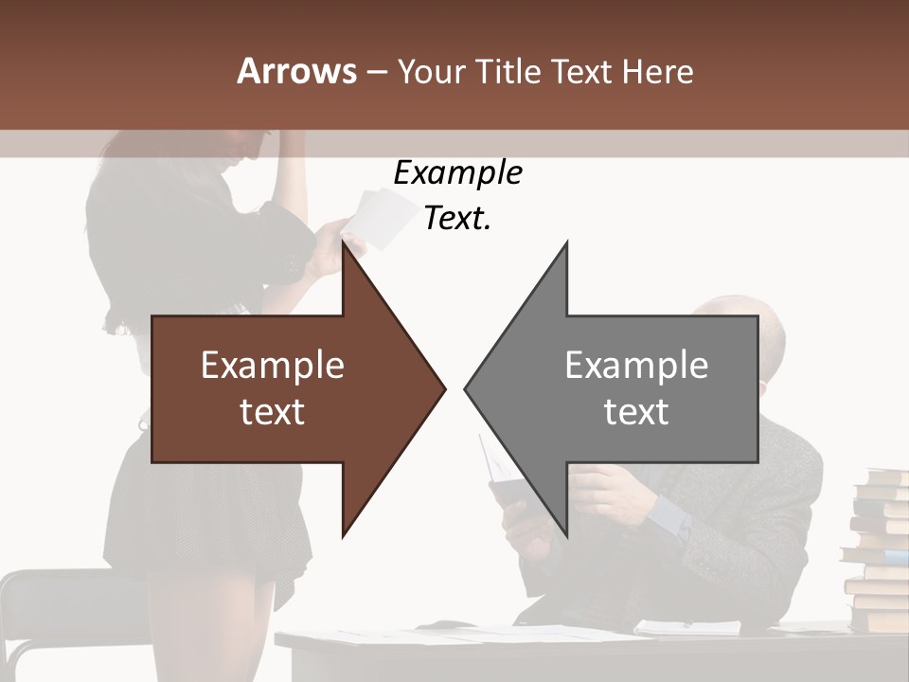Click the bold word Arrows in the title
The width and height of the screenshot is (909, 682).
pos(296,71)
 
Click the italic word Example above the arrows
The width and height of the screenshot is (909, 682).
pos(457,172)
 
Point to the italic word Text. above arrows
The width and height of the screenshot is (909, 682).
pos(457,218)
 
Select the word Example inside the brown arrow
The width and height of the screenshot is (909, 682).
pos(273,365)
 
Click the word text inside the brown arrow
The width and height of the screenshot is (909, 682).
pos(273,411)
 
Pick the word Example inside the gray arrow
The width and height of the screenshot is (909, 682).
pos(636,365)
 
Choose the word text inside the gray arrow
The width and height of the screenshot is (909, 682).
pos(636,411)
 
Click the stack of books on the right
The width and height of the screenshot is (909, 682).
pos(879,549)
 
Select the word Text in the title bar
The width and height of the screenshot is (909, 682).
pos(581,71)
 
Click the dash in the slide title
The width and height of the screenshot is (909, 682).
pos(376,71)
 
